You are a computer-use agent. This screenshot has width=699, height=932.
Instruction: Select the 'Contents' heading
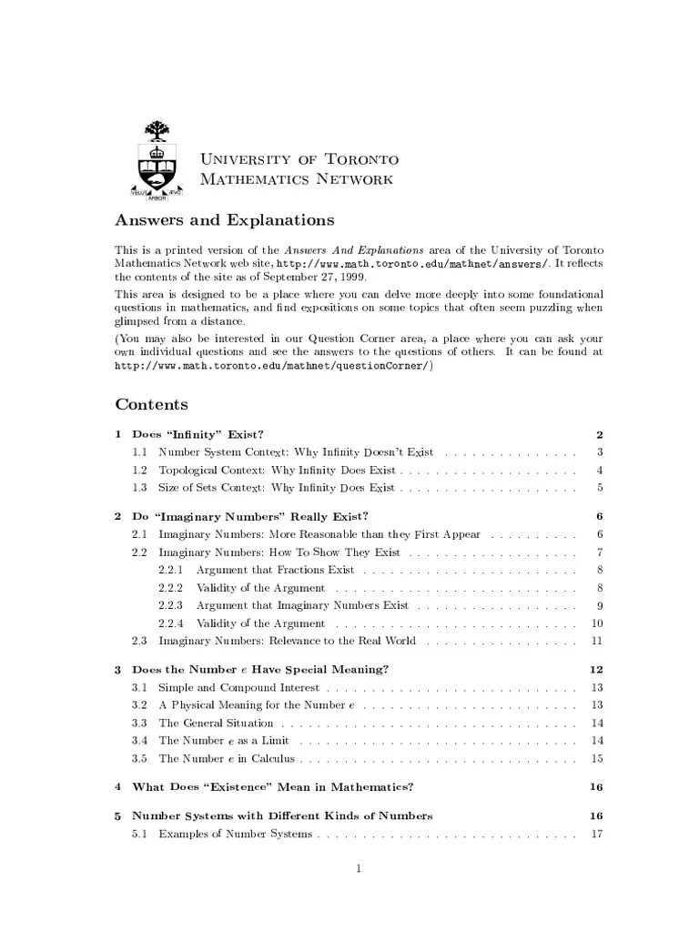pyautogui.click(x=151, y=404)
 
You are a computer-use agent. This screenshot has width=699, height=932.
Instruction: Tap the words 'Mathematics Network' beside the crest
pyautogui.click(x=297, y=179)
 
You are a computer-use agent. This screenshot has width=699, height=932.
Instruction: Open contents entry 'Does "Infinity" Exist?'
pyautogui.click(x=198, y=434)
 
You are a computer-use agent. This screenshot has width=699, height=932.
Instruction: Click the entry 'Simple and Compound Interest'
pyautogui.click(x=238, y=687)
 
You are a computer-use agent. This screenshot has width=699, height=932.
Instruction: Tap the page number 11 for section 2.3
pyautogui.click(x=597, y=641)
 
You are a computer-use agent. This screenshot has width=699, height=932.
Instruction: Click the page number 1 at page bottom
pyautogui.click(x=360, y=867)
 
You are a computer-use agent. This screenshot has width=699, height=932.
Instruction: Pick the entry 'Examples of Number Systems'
pyautogui.click(x=235, y=834)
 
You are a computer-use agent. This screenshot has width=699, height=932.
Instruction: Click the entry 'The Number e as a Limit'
pyautogui.click(x=223, y=740)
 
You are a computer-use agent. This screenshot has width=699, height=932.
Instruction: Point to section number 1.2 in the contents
pyautogui.click(x=139, y=470)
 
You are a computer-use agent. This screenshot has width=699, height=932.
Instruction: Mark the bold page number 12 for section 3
pyautogui.click(x=597, y=669)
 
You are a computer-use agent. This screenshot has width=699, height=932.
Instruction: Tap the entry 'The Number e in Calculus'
pyautogui.click(x=228, y=758)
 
